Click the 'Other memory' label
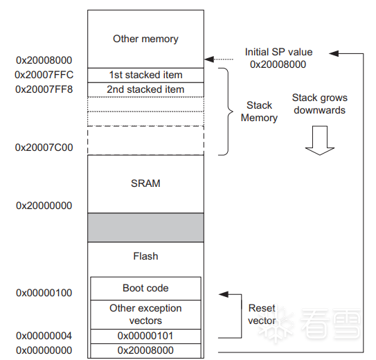click(x=145, y=39)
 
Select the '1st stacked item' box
click(x=145, y=75)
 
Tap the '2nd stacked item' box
click(x=145, y=89)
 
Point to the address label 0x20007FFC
click(x=44, y=75)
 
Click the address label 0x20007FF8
click(x=44, y=89)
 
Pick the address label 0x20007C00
click(x=44, y=147)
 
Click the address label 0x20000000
click(x=44, y=206)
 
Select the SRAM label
click(x=145, y=183)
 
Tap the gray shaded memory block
click(x=145, y=228)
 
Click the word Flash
click(x=145, y=256)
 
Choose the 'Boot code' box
click(x=145, y=288)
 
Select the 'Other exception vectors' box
click(x=145, y=314)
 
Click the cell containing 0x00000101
click(x=145, y=336)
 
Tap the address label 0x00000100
click(x=44, y=293)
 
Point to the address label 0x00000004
click(x=44, y=336)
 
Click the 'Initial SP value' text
click(x=278, y=52)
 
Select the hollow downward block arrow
click(x=320, y=141)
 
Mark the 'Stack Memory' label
click(x=259, y=111)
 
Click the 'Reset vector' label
click(x=262, y=314)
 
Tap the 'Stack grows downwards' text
click(x=320, y=104)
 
